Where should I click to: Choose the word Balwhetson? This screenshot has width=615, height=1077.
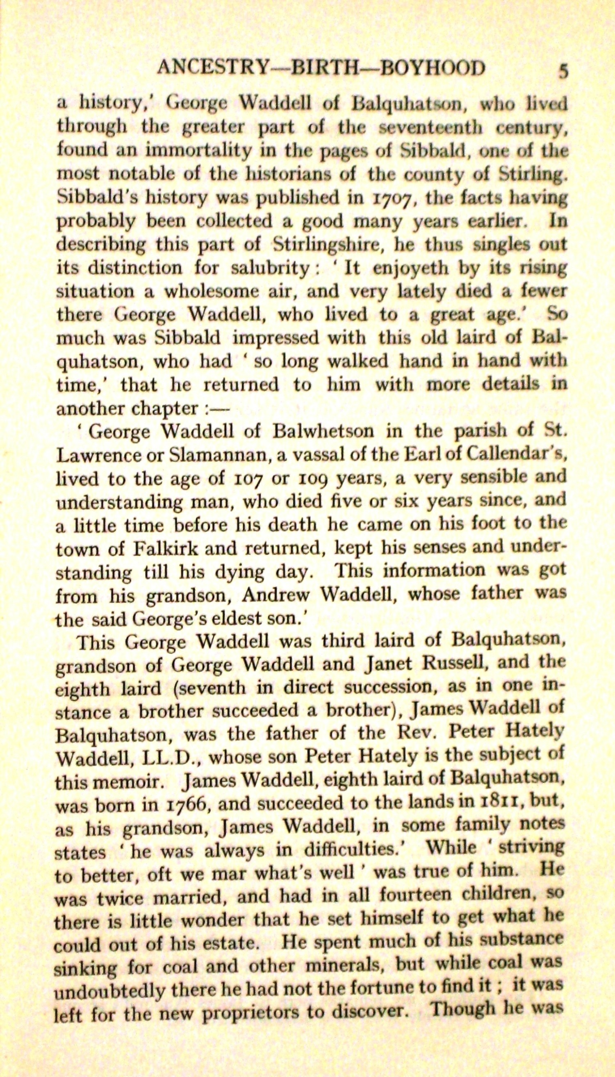pos(323,431)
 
